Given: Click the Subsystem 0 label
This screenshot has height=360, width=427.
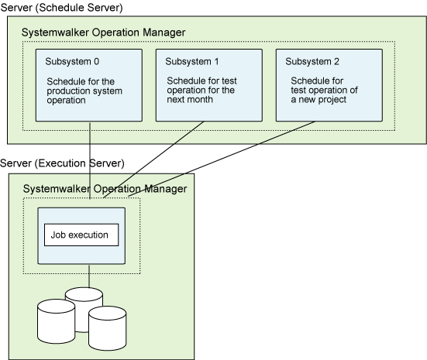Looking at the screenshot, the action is (72, 62).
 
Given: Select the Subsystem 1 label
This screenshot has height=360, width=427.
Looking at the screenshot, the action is (192, 62).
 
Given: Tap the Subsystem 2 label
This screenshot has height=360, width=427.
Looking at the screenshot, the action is (312, 62).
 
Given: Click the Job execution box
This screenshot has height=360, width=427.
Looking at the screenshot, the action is (81, 235).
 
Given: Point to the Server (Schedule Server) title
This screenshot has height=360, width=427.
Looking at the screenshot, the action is (61, 7).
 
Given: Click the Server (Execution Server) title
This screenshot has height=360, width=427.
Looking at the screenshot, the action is (62, 163).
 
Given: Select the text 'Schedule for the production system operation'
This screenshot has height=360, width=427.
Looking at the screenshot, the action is (84, 91).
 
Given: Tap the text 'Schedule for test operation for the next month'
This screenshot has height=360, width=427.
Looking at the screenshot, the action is (201, 90).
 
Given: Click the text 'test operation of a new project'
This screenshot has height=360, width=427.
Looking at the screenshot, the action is (324, 94).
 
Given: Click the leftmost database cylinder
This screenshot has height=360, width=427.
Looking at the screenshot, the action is (56, 321).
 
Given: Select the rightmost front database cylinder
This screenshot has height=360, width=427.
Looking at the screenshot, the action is (107, 328).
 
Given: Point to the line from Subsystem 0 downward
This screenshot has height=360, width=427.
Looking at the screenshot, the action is (90, 160).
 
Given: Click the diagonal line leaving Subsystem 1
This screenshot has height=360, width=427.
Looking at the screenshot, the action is (153, 159).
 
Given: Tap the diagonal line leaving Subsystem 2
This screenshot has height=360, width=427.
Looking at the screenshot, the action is (222, 159).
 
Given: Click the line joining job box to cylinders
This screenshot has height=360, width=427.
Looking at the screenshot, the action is (89, 276).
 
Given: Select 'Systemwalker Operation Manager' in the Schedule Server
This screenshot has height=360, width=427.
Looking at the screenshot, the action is (104, 33).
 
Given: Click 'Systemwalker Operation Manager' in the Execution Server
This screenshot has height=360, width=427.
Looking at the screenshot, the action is (105, 189).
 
